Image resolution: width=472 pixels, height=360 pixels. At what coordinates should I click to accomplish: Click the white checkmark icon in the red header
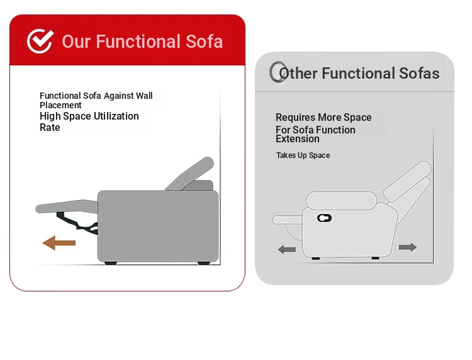click(x=40, y=42)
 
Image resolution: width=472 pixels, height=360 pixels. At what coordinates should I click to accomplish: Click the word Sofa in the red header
click(x=204, y=42)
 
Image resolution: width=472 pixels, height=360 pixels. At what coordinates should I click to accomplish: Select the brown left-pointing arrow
click(x=59, y=243)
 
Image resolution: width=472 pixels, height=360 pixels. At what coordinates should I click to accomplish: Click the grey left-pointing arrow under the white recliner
click(x=287, y=249)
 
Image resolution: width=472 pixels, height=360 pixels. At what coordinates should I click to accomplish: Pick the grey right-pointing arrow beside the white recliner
click(x=408, y=247)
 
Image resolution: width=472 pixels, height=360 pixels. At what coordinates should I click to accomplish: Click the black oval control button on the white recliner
click(x=324, y=218)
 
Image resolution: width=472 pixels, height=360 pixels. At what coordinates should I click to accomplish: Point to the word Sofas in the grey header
click(x=419, y=73)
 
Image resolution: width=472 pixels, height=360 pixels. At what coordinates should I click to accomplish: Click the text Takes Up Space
click(x=303, y=155)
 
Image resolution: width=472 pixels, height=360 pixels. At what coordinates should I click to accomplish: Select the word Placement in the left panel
click(x=60, y=105)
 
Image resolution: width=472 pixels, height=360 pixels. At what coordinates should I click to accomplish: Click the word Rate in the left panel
click(x=50, y=127)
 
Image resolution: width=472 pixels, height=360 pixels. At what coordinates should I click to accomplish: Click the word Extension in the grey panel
click(x=298, y=138)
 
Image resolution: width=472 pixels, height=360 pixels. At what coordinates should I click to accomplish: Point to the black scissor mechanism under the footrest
click(x=77, y=223)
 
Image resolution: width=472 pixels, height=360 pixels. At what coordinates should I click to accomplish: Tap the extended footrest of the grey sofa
click(x=67, y=206)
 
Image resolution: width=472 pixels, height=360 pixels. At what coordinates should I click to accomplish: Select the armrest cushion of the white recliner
click(x=341, y=200)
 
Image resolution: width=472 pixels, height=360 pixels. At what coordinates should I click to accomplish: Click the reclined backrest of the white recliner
click(x=407, y=182)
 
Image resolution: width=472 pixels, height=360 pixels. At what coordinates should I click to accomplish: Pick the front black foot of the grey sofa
click(x=111, y=263)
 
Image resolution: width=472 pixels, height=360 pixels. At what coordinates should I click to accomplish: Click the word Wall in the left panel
click(x=144, y=96)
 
